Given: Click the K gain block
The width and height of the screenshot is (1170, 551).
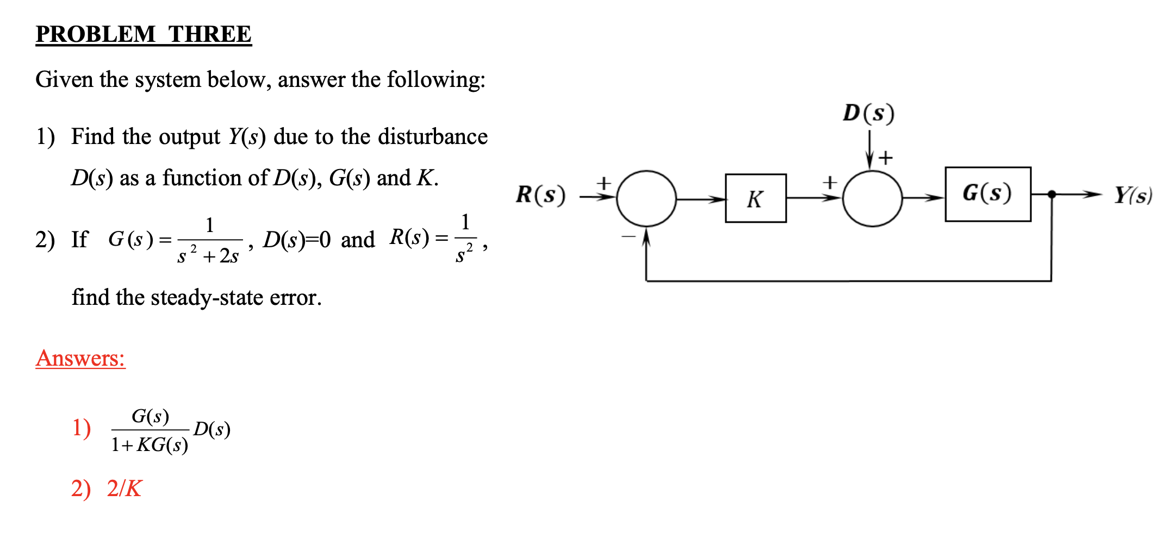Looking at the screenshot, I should tap(755, 198).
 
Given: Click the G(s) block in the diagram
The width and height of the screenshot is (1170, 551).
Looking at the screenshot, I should tap(987, 194).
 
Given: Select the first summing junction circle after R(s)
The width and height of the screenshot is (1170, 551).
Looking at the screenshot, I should tap(646, 198).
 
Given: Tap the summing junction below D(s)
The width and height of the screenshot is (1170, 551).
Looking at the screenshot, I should tap(872, 198).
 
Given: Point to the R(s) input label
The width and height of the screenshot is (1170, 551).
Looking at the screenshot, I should tap(540, 195).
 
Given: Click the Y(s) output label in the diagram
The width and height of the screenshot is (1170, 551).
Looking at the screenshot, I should tap(1132, 195).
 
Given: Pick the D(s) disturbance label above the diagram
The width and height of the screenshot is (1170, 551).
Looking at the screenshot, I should tap(868, 113).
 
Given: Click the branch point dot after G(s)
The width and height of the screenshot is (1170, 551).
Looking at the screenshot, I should tap(1051, 194).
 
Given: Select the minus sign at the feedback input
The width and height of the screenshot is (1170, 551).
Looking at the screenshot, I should tap(628, 236).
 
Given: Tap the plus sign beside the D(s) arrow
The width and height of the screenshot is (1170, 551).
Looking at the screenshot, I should tap(886, 158).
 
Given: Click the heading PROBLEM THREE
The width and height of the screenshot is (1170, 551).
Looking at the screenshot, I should tap(144, 34).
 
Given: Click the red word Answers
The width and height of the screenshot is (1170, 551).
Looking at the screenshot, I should tap(80, 358).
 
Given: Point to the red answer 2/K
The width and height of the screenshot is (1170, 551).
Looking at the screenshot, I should tap(124, 489).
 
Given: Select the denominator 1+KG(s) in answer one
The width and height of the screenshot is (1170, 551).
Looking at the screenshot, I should tap(150, 445).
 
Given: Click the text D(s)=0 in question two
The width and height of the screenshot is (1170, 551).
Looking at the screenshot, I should tap(297, 239).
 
